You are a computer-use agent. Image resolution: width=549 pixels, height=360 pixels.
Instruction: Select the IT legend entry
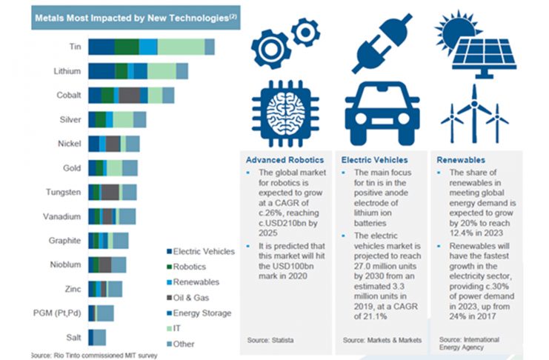point(179,329)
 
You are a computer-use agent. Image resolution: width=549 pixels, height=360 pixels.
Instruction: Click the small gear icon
point(305,32)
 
